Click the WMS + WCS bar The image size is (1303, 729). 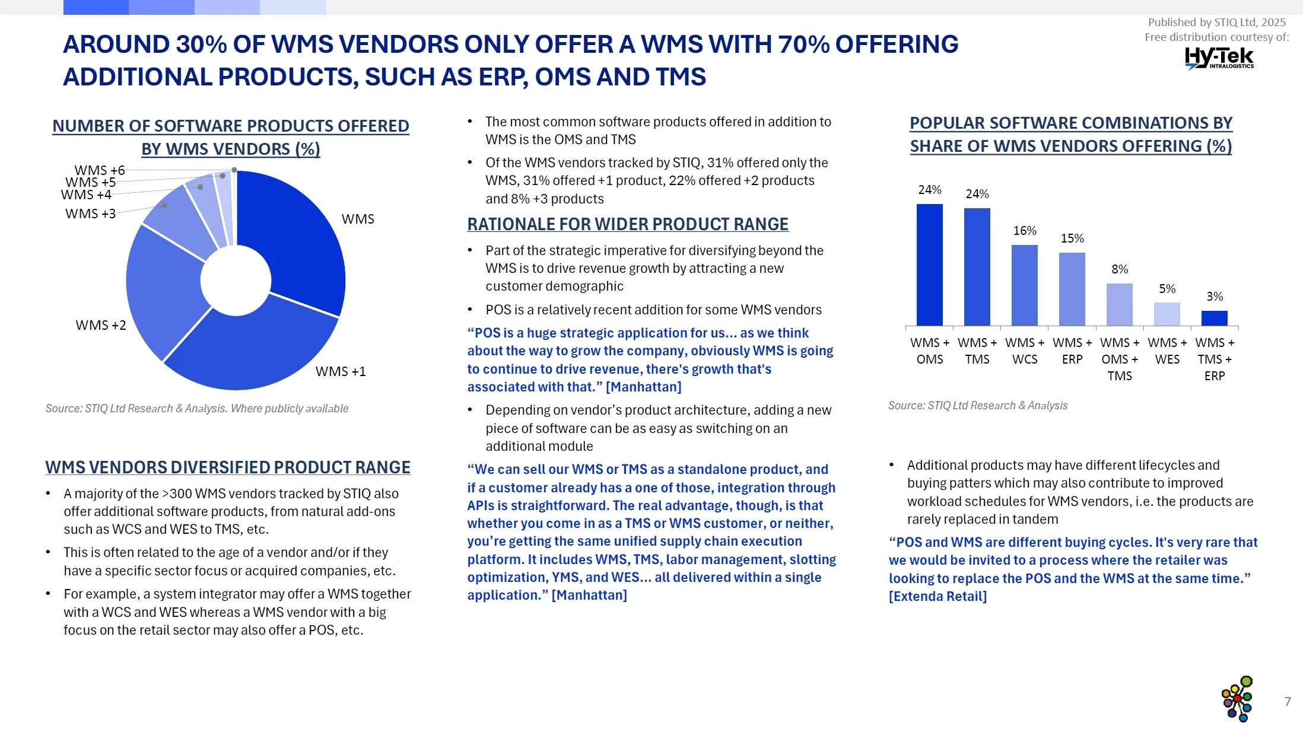click(1024, 285)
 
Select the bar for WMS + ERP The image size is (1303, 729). click(1072, 289)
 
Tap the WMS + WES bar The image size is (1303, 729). click(1167, 314)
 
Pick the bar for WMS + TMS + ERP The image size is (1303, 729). click(1214, 319)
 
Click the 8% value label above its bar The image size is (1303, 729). click(1120, 269)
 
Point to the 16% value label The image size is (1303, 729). click(1025, 231)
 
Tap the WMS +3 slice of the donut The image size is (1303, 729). click(172, 219)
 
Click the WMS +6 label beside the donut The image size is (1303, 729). click(99, 171)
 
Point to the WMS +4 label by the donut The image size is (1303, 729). click(86, 195)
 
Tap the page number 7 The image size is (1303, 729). click(1288, 702)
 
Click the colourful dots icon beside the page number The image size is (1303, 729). click(1238, 699)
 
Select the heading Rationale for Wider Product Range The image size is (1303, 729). click(628, 224)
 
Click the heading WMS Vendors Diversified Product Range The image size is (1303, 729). click(228, 467)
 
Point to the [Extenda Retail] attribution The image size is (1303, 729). click(937, 596)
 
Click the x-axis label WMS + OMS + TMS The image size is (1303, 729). click(1120, 359)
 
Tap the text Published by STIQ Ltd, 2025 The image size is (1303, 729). click(1216, 23)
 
